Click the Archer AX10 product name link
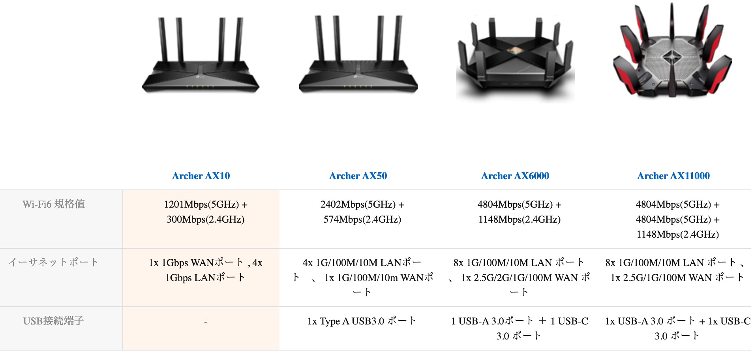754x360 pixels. [x=201, y=176]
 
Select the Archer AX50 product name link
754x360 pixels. [x=358, y=176]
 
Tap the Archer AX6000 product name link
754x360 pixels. [x=515, y=176]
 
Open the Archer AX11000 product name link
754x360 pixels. [x=673, y=176]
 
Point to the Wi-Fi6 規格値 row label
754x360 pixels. [x=54, y=204]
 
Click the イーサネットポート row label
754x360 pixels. [x=53, y=262]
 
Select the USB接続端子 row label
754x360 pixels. [x=54, y=321]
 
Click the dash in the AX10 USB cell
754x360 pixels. [x=205, y=322]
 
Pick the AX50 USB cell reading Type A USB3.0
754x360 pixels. [x=362, y=321]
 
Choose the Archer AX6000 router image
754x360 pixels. [x=515, y=57]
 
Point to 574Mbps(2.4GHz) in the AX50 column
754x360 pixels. [x=362, y=219]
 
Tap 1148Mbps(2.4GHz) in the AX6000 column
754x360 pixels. [x=519, y=219]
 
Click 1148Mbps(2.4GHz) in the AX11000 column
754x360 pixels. [x=677, y=234]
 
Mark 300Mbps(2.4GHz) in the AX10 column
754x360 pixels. [x=205, y=219]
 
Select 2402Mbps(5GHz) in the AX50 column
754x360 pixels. [x=358, y=204]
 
